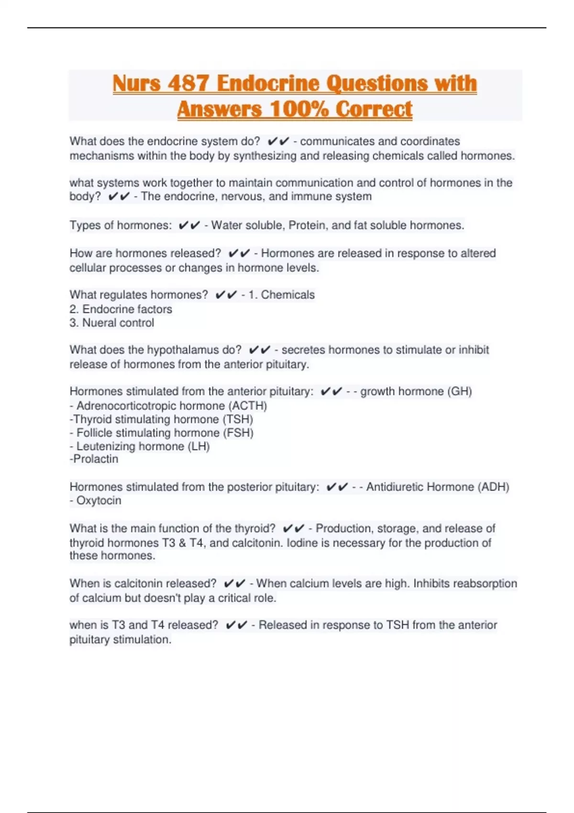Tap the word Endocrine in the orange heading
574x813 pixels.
(268, 84)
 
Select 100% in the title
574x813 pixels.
(299, 109)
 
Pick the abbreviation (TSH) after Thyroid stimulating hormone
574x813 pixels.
(238, 419)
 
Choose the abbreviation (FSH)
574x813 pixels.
(238, 433)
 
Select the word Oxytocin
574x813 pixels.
(99, 501)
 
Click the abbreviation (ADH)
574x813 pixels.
(493, 487)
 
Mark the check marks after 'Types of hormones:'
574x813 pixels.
(189, 225)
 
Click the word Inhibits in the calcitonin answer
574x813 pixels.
(431, 583)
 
